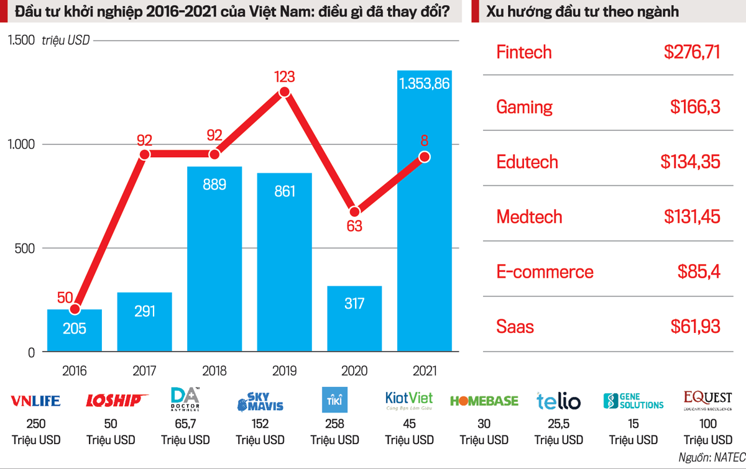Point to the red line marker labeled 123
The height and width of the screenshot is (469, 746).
(285, 92)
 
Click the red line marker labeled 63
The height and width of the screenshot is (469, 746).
(354, 212)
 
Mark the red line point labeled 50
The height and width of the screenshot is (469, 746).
(75, 309)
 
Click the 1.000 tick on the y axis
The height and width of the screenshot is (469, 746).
(22, 144)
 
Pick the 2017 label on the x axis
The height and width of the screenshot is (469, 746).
(144, 371)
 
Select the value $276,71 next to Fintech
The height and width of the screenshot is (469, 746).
(692, 52)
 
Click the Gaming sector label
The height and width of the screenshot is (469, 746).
(524, 107)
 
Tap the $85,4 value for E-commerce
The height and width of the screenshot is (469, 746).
(699, 271)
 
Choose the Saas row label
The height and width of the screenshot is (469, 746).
(515, 326)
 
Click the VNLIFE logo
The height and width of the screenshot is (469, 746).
(36, 401)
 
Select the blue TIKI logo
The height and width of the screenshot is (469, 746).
(335, 400)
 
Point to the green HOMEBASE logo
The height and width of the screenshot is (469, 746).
(484, 401)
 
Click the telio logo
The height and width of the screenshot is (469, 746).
(558, 401)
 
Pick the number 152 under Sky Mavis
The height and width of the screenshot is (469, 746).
(260, 424)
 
